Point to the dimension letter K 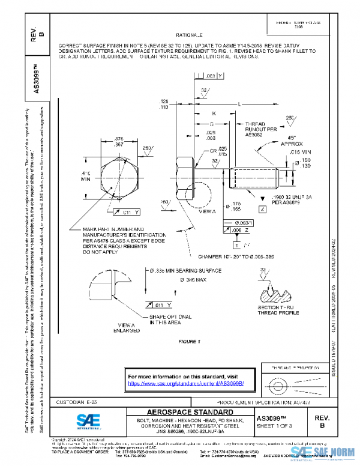tap(213, 113)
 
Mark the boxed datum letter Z tap(262, 208)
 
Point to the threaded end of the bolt tap(258, 178)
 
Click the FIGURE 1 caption tap(189, 342)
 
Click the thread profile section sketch tap(278, 294)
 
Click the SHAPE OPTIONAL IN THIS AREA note tap(170, 319)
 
